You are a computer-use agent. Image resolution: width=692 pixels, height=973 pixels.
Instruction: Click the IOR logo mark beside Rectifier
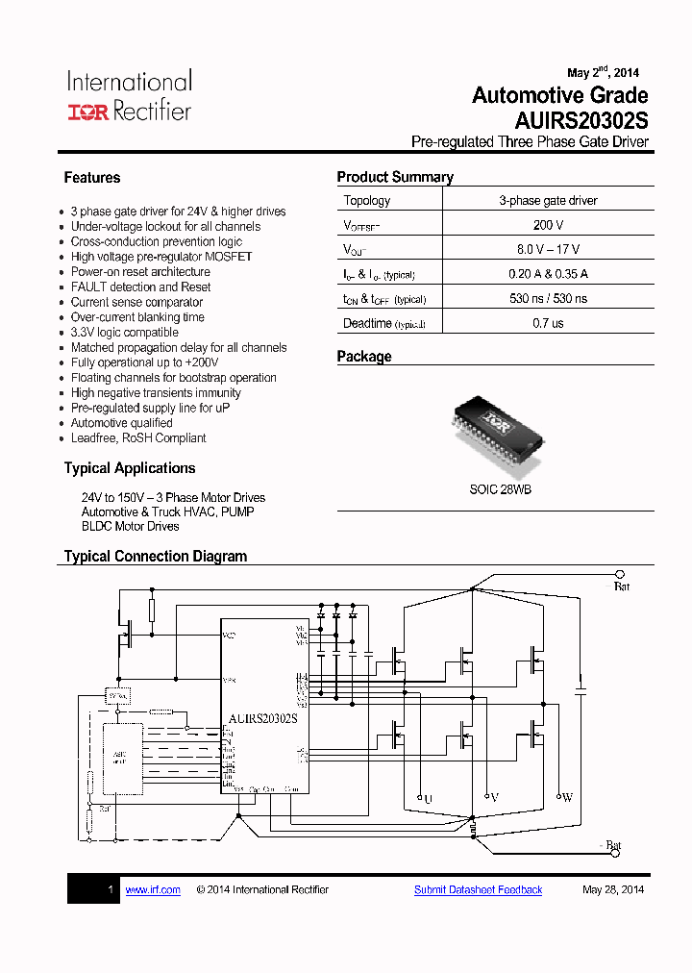(88, 112)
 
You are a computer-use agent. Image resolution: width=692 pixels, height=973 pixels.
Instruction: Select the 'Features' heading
(92, 178)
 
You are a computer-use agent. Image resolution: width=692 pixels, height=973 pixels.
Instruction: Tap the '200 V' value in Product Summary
(548, 225)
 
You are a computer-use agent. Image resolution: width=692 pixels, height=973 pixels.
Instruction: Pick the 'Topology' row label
(367, 201)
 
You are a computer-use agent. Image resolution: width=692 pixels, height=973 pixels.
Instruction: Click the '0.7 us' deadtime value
(548, 324)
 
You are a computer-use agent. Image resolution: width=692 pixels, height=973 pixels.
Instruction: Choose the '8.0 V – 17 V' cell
(548, 250)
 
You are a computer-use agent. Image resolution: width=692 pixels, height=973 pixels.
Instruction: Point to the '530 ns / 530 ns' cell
(548, 299)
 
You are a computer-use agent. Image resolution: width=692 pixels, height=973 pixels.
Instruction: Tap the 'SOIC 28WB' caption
(500, 489)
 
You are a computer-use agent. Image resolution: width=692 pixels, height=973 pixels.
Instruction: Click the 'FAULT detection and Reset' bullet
(140, 287)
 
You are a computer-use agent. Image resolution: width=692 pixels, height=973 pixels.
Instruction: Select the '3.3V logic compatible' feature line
(125, 333)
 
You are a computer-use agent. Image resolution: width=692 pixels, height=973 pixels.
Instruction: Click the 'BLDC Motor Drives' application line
(131, 527)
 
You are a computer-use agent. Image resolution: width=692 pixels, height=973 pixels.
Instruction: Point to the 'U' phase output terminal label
(428, 799)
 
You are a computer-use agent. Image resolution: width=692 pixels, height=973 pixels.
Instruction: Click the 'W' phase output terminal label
(566, 798)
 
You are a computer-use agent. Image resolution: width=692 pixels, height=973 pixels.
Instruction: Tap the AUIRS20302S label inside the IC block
(262, 718)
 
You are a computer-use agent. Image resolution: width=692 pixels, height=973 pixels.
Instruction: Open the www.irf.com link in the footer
(153, 890)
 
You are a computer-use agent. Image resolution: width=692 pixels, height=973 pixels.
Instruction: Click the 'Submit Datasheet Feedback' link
(478, 890)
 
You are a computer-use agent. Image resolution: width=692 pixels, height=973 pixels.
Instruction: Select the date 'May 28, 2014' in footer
(613, 890)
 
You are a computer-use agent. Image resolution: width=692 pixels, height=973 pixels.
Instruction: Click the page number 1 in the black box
(111, 890)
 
